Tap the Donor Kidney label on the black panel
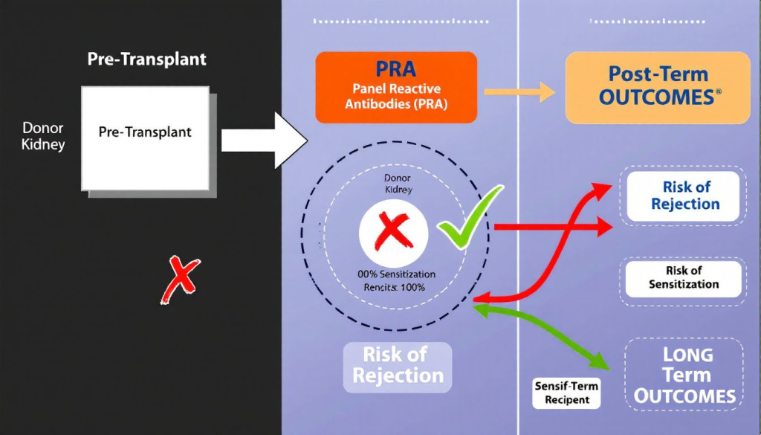pos(43,136)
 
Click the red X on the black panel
pos(178,280)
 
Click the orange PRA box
pos(395,87)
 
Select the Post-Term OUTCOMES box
pos(658,87)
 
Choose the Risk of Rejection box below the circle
pos(397,366)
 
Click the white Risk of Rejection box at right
pos(684,196)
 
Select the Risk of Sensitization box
pos(683,277)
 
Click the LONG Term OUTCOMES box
pos(684,376)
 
